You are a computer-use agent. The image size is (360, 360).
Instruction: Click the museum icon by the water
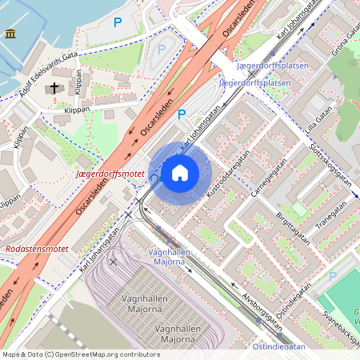pyautogui.click(x=10, y=33)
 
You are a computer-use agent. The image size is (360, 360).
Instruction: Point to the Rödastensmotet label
pyautogui.click(x=37, y=250)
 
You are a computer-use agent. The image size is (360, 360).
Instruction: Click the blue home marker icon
pyautogui.click(x=180, y=173)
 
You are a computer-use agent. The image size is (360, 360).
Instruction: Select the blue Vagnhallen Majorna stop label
pyautogui.click(x=170, y=257)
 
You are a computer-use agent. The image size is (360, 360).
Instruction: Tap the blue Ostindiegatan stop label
pyautogui.click(x=278, y=347)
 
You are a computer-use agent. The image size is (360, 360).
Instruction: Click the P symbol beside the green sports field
pyautogui.click(x=332, y=276)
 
